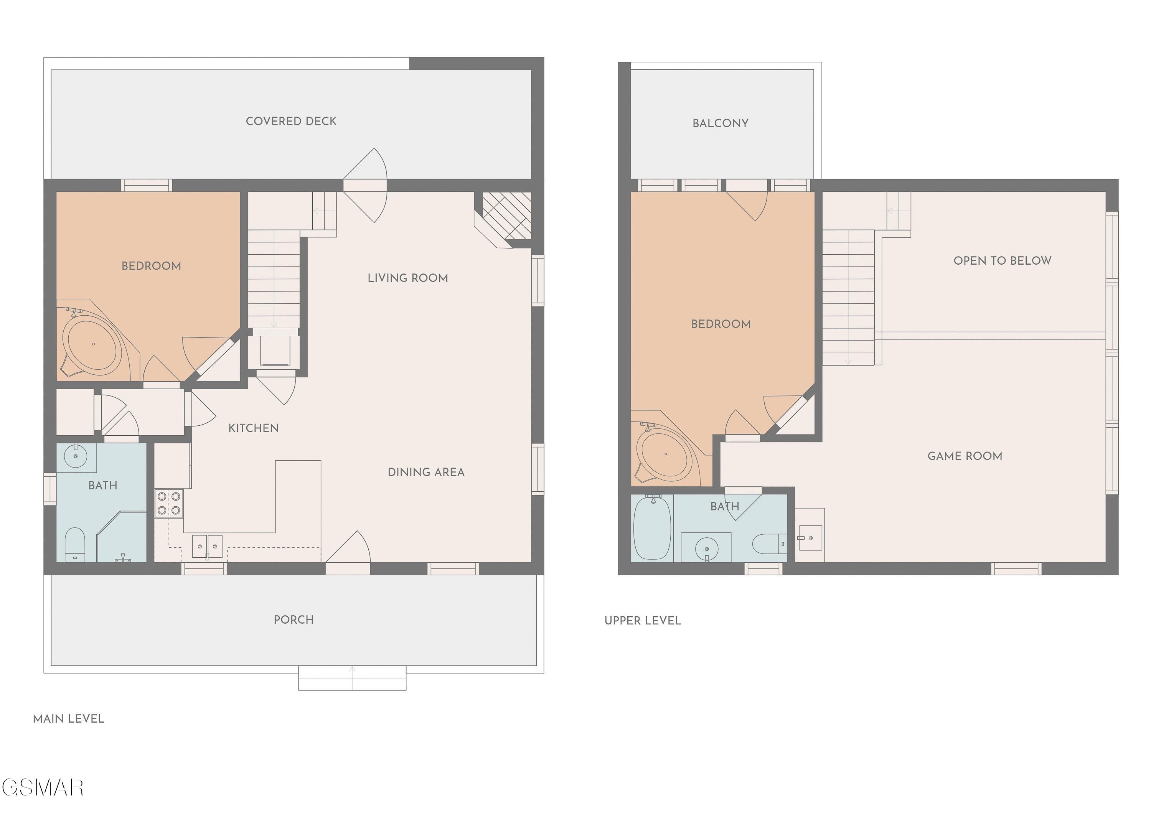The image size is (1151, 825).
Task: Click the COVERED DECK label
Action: point(291,121)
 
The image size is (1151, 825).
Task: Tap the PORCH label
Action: point(294,619)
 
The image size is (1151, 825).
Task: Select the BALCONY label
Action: point(720,123)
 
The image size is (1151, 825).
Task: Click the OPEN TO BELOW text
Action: point(1002,261)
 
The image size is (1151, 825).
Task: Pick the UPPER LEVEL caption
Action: point(643,621)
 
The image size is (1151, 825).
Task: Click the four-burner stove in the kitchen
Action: point(169,503)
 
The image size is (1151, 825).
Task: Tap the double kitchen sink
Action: point(207,547)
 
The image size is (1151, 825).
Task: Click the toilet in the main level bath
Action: point(75,544)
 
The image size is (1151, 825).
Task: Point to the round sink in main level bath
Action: point(76,456)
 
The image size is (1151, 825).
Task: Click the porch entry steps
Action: point(352,678)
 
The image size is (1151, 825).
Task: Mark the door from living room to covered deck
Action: point(365,185)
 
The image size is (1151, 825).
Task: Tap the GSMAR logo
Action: point(43,787)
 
